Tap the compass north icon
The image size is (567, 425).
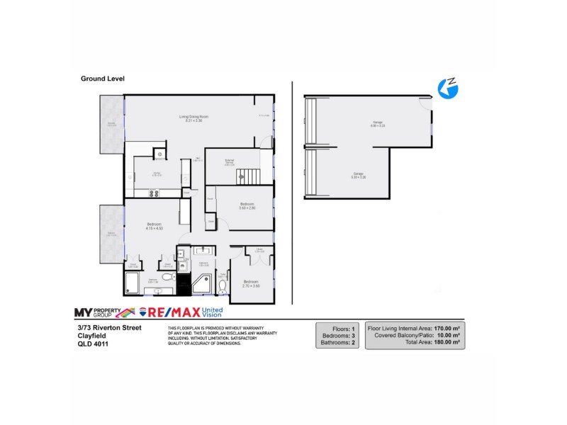(448, 89)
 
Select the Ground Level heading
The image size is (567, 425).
(103, 79)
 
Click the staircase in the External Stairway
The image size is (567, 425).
(254, 176)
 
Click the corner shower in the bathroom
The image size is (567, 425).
(200, 285)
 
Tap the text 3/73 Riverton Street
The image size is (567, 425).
(109, 327)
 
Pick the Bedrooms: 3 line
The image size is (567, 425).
(337, 336)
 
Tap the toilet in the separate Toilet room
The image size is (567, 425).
(223, 287)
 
